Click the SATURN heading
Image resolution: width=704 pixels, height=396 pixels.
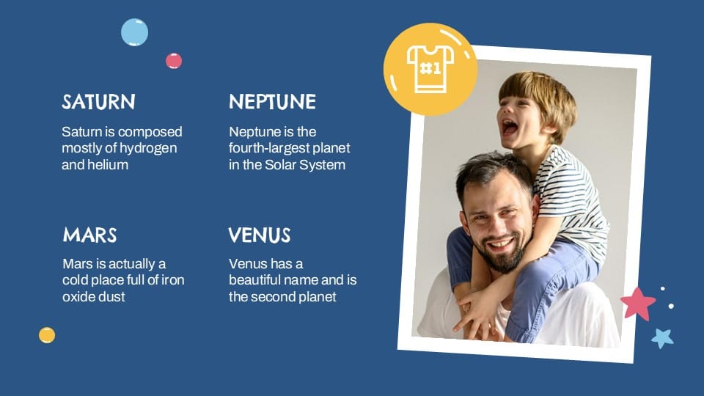[x=98, y=102]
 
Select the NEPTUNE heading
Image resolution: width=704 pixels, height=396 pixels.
[x=272, y=102]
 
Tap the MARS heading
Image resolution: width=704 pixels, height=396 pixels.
[x=89, y=235]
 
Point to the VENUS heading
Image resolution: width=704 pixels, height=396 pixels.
[x=260, y=235]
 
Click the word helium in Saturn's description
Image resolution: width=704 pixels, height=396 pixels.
[x=109, y=165]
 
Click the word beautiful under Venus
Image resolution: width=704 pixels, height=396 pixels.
[x=260, y=280]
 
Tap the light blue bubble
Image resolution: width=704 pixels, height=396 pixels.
[x=134, y=32]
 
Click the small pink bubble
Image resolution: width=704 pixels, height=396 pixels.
[x=174, y=61]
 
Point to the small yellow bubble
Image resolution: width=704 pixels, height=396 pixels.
[x=47, y=335]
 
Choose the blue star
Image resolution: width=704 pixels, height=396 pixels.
[x=662, y=337]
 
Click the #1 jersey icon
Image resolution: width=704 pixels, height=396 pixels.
[x=430, y=69]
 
